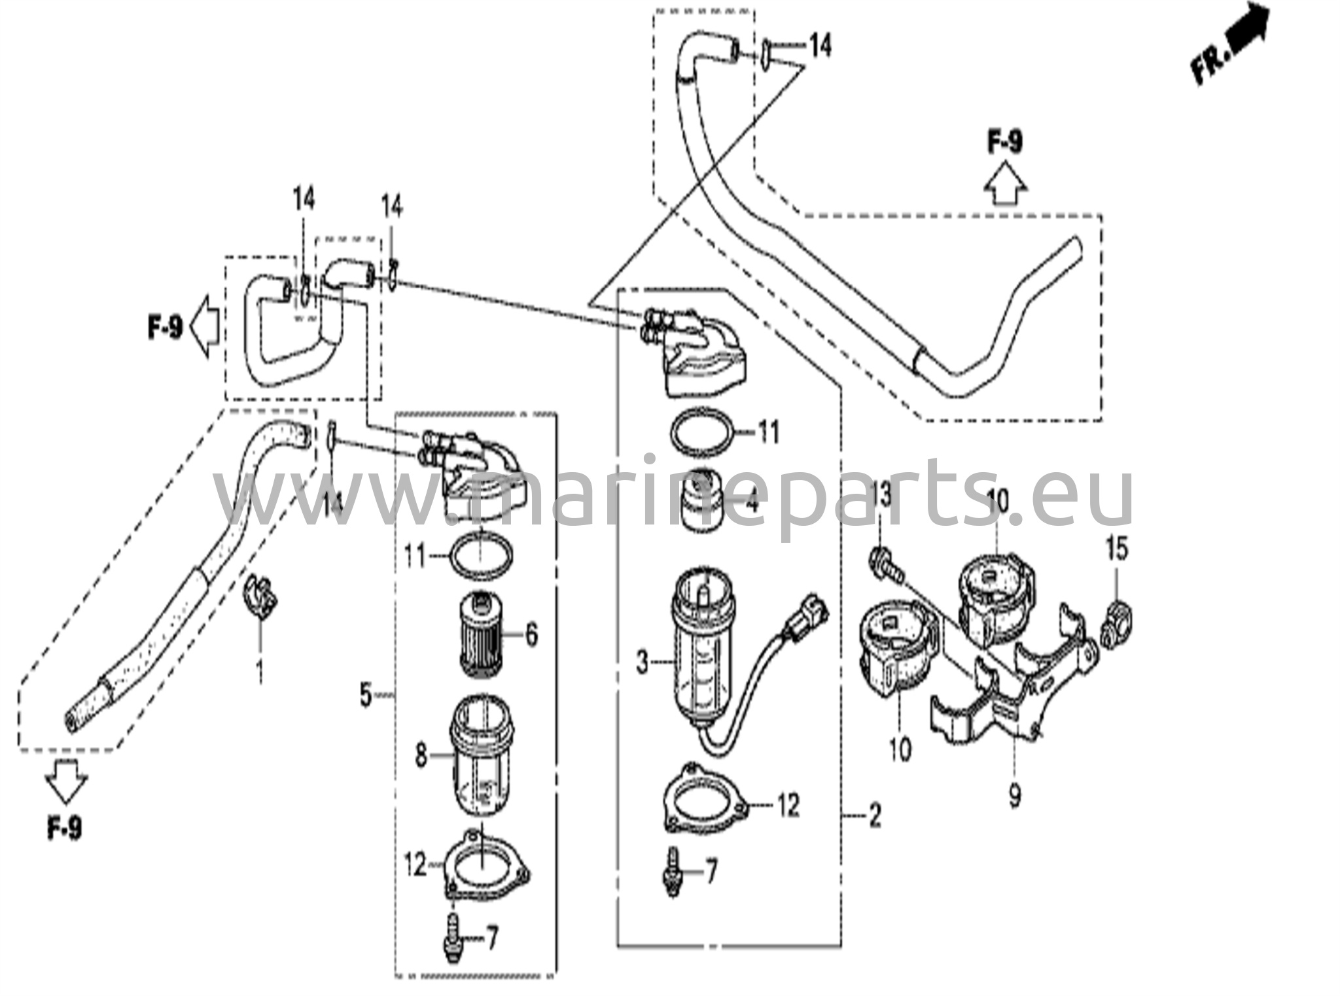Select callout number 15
click(1117, 548)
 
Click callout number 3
click(643, 663)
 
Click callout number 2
click(875, 816)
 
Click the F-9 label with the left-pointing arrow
click(164, 327)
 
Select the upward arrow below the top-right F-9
click(1005, 187)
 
